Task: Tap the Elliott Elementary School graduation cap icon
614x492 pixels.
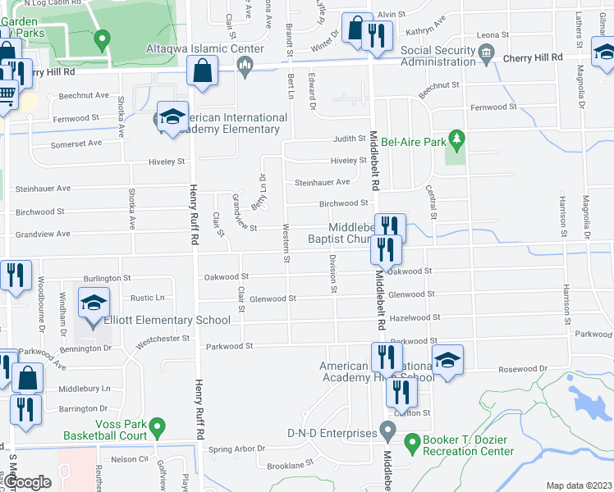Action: point(94,303)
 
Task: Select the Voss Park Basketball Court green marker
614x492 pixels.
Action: point(159,427)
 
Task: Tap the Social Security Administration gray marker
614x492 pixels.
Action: point(487,56)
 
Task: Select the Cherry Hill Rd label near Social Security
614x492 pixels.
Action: point(533,57)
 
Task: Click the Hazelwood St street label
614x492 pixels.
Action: point(415,317)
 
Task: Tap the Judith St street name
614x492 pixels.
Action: point(348,139)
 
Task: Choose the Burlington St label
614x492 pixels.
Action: point(106,279)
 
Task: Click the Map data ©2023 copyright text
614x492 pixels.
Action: point(579,485)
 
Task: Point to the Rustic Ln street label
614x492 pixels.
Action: point(149,298)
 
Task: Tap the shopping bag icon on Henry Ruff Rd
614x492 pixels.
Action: point(203,71)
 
